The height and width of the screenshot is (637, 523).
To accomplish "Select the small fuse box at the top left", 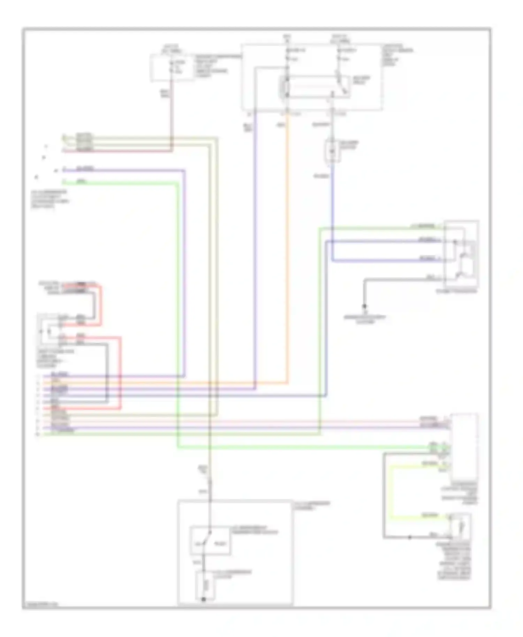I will pos(172,68).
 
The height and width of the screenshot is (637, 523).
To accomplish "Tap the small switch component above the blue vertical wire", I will pos(333,151).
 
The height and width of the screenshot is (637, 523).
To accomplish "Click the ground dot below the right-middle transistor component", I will pos(364,307).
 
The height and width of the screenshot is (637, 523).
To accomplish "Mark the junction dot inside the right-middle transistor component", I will pos(455,241).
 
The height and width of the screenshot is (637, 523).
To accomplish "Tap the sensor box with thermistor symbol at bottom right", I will pos(460,527).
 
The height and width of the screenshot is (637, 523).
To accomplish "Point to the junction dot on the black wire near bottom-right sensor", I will pos(410,537).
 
